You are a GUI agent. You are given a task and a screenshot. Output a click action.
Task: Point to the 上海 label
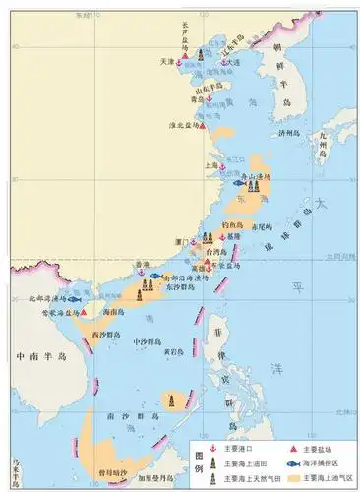pyautogui.click(x=210, y=165)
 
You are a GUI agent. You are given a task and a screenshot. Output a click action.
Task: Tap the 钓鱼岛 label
pyautogui.click(x=232, y=224)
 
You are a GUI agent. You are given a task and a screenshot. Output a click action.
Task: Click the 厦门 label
pyautogui.click(x=180, y=241)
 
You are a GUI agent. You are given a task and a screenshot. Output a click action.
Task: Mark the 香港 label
pyautogui.click(x=144, y=266)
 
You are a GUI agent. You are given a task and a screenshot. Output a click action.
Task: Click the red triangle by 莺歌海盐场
pyautogui.click(x=84, y=312)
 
